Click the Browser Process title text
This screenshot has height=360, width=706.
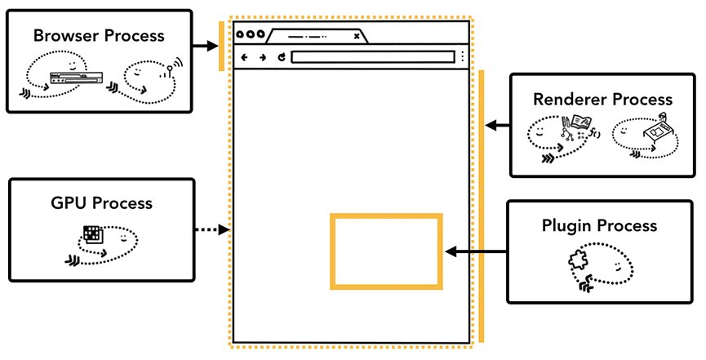click(x=99, y=36)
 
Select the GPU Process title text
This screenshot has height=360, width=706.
click(x=101, y=203)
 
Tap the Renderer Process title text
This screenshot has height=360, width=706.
click(x=602, y=100)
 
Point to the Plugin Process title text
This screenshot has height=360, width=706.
click(x=599, y=225)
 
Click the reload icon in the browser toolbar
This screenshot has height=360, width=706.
click(x=281, y=57)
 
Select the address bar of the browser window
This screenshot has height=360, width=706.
click(x=372, y=57)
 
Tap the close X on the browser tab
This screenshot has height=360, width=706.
click(x=357, y=36)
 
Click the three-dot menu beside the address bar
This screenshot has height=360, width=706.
click(x=463, y=57)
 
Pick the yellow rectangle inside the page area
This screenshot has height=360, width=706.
click(x=386, y=251)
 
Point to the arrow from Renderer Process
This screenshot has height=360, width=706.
click(x=496, y=126)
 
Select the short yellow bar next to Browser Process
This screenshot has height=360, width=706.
click(x=221, y=47)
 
